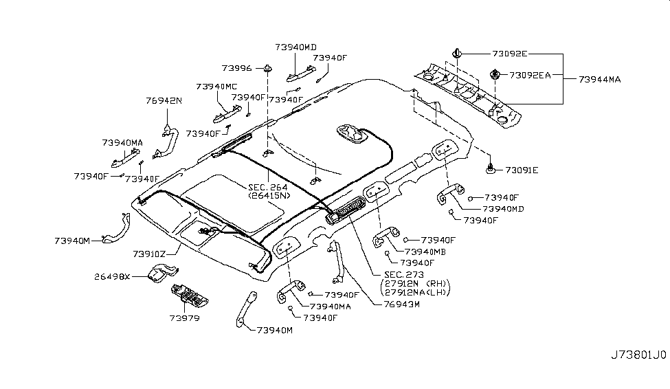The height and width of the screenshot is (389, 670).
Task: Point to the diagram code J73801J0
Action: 638,356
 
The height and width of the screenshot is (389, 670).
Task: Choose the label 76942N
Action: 164,100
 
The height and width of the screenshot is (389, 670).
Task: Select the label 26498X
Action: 113,277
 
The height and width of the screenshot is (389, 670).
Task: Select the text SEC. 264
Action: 268,187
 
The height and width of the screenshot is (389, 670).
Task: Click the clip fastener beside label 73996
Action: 267,68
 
